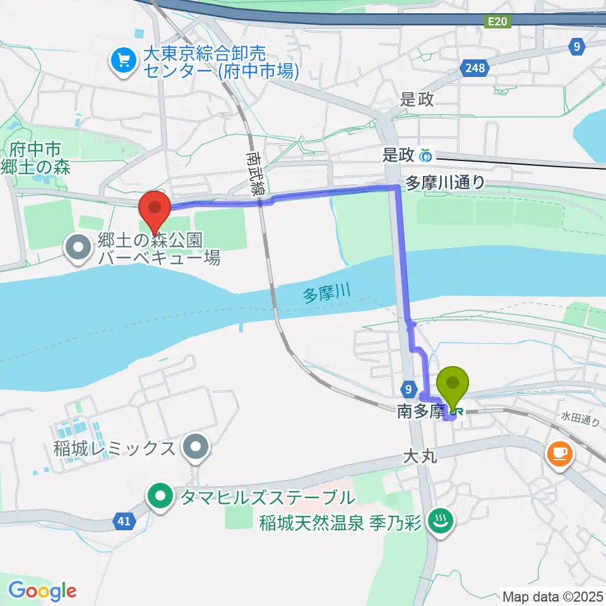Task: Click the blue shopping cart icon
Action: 122,61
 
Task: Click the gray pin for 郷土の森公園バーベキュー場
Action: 79,248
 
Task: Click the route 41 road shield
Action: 124,521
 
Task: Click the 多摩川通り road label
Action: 445,182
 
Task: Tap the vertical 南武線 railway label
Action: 255,174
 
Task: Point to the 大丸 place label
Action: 419,456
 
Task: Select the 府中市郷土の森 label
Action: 35,158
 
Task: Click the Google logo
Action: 42,591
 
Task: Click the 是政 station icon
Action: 426,155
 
